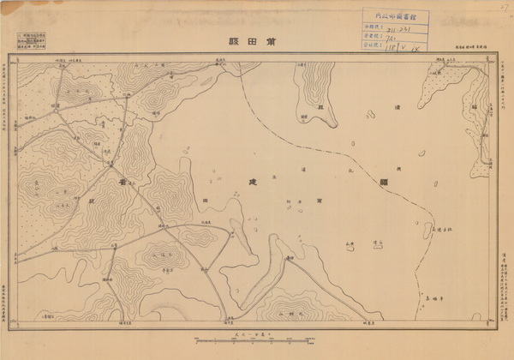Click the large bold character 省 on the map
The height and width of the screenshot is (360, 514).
pyautogui.click(x=125, y=183)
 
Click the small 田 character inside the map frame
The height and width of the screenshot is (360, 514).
pyautogui.click(x=205, y=199)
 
